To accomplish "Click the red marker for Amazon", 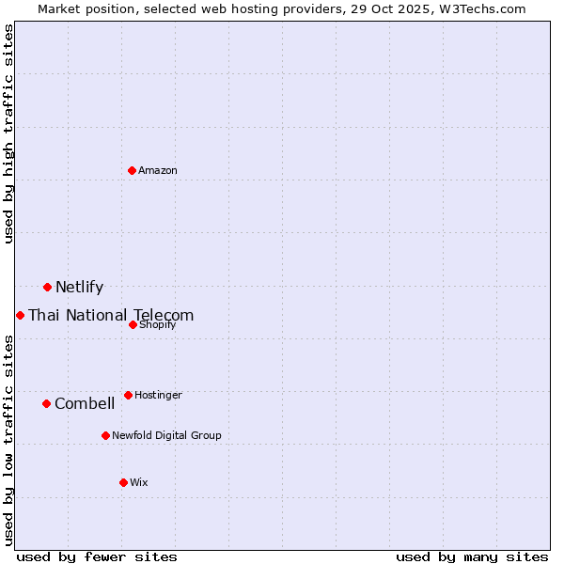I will coord(132,170).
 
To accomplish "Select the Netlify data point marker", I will coord(47,287).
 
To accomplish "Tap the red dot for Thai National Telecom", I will coord(20,315).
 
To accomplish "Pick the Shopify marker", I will coord(133,324).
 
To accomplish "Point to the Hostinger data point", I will coord(128,395).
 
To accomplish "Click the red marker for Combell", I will coord(46,403).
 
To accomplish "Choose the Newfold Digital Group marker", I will coord(105,435).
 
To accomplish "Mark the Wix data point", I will coord(123,482).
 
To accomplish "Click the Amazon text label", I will coord(158,170).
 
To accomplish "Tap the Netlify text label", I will coord(79,288).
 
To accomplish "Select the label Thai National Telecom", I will coord(111,316).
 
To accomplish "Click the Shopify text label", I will coord(157,324).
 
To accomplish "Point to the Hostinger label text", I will coord(158,395).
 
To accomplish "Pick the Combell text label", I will coord(85,404).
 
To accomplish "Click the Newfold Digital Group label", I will coord(166,435).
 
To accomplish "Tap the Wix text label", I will coord(139,482).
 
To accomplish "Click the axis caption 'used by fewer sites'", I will coord(97,556).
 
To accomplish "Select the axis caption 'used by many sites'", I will coord(472,556).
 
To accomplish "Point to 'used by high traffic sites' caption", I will coord(8,133).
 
